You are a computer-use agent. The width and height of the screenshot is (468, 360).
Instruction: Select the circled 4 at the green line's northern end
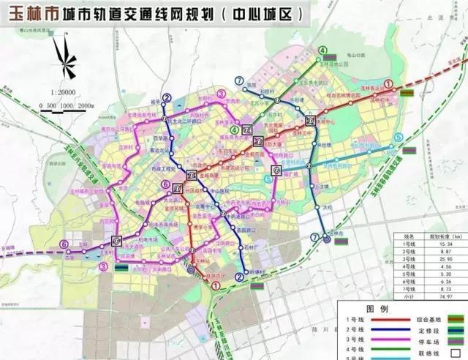322,50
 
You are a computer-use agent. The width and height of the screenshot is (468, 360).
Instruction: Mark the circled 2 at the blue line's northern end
167,98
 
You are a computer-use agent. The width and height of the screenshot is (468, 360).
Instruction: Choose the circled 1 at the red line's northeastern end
389,84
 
